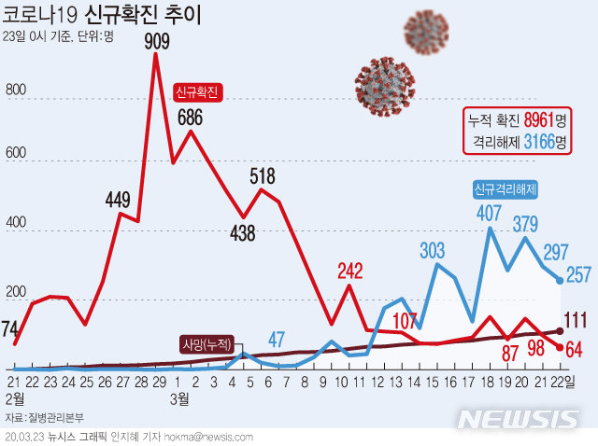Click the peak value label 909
tap(156, 40)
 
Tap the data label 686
tap(192, 118)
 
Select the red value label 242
tap(349, 272)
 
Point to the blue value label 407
tap(490, 214)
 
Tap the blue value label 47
tap(277, 339)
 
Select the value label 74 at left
tap(12, 328)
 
